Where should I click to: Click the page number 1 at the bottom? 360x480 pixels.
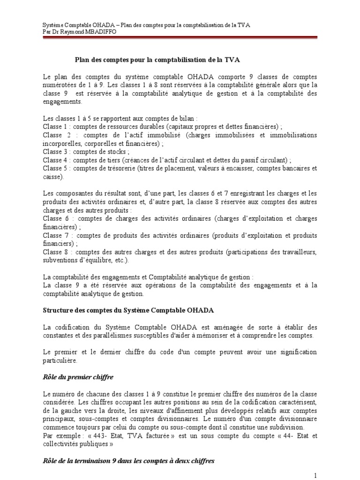[316, 475]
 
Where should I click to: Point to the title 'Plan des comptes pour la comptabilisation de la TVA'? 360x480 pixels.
[157, 60]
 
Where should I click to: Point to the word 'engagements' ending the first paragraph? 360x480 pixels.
[61, 102]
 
